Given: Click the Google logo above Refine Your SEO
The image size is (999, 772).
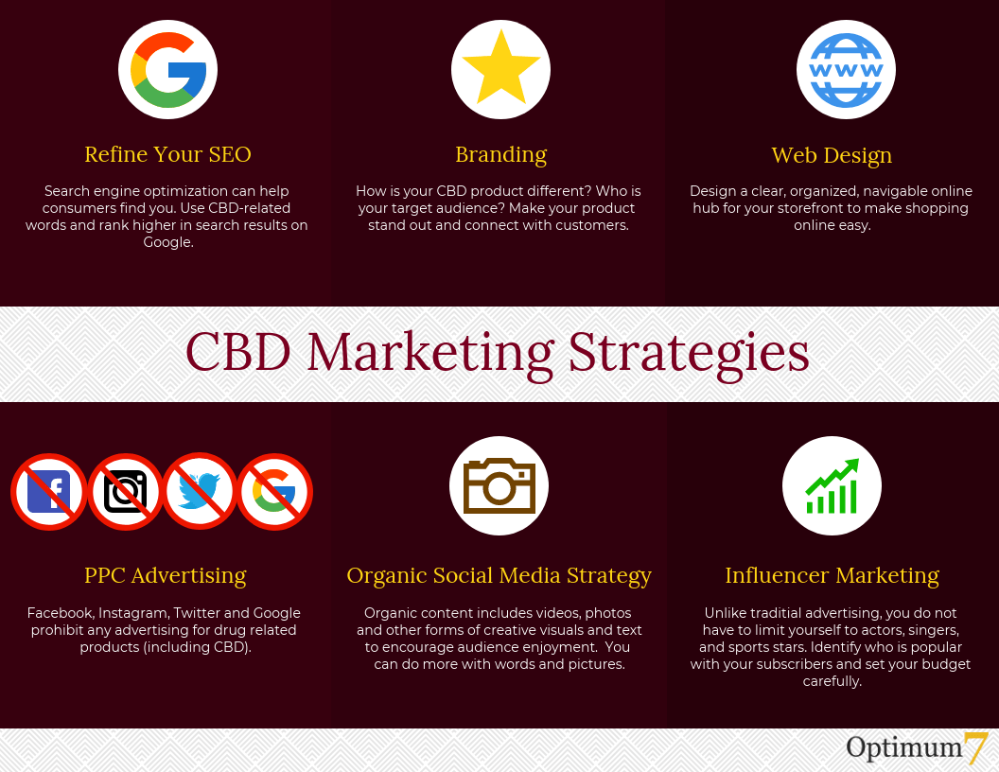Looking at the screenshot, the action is click(167, 69).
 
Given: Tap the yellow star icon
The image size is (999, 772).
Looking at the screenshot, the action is click(500, 69).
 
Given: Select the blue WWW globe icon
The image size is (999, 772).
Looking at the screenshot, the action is click(846, 69).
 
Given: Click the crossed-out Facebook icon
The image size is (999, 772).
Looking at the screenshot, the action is click(49, 491).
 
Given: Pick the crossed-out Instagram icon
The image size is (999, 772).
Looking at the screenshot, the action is click(125, 491).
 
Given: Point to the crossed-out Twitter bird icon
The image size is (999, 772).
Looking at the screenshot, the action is click(200, 491).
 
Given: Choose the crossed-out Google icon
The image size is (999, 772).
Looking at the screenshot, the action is click(274, 491).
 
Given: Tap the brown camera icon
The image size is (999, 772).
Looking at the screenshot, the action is click(499, 485).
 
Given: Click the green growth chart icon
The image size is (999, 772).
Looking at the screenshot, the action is click(832, 485).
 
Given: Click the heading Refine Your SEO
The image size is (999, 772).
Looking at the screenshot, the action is click(167, 154).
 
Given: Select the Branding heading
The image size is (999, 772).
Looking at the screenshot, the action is click(500, 155).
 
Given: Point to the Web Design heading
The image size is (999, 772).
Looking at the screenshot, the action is click(832, 155).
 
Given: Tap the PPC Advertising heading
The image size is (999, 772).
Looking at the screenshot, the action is click(165, 575).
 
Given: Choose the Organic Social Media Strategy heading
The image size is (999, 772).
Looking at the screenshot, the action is click(499, 576).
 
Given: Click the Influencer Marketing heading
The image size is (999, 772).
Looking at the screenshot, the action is click(832, 575).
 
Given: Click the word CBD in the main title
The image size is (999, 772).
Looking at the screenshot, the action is click(238, 352).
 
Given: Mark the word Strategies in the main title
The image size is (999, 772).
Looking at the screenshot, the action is click(688, 354).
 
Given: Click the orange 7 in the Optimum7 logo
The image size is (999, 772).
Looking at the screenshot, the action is click(975, 747).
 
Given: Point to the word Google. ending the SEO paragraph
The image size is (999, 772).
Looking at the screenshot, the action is click(168, 242).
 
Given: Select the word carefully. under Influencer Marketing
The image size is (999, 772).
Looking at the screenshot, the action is click(832, 681).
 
